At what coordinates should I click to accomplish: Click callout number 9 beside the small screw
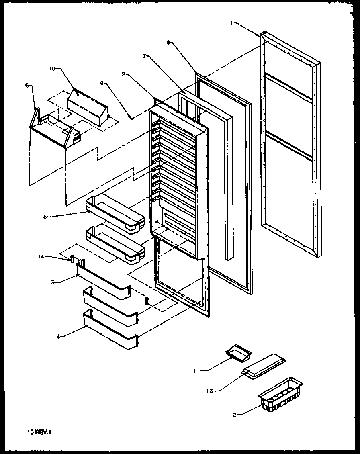tap(102, 83)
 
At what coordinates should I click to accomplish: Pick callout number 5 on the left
tap(27, 85)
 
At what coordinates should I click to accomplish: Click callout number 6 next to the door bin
tap(45, 217)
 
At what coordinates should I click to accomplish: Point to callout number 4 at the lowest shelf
tap(58, 337)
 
